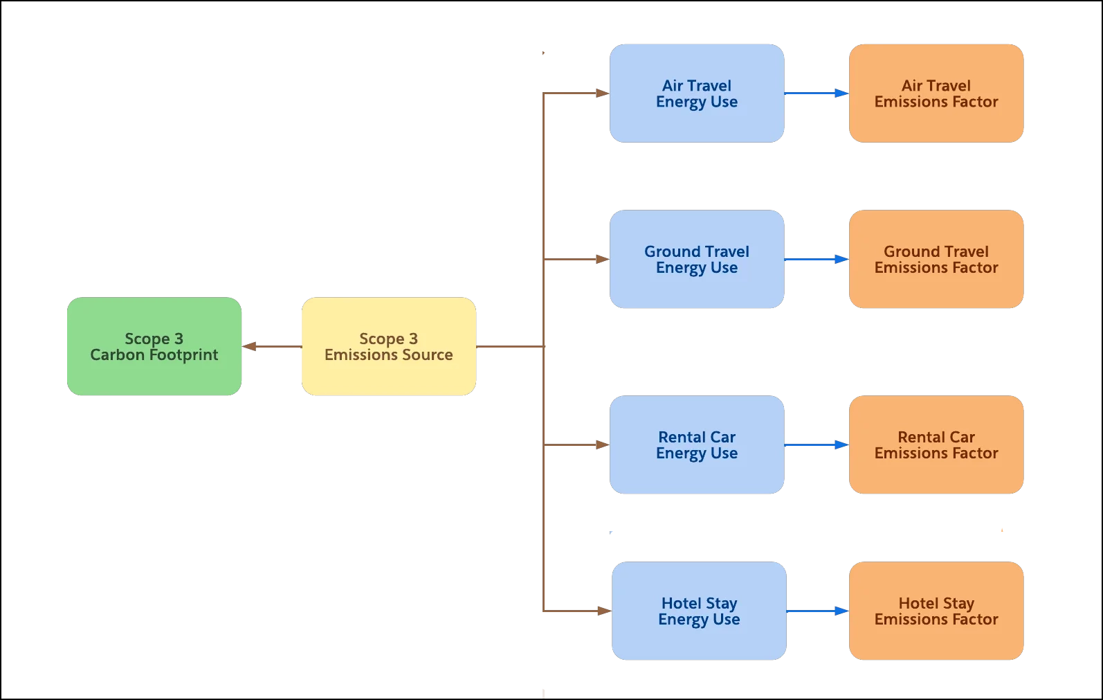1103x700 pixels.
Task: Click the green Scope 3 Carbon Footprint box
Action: [154, 346]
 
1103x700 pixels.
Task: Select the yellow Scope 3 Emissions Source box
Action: [388, 346]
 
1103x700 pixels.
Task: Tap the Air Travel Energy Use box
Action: [696, 93]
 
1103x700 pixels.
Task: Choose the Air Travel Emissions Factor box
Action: [936, 93]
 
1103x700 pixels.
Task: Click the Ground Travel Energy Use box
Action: [696, 259]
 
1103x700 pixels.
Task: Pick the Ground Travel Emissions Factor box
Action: [936, 259]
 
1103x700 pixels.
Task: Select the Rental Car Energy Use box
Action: [696, 445]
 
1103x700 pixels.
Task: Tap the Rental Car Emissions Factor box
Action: [936, 445]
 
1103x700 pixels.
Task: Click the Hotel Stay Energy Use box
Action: [699, 611]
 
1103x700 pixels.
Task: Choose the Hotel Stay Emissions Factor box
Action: [936, 611]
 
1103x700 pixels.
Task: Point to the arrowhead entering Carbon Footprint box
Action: [249, 346]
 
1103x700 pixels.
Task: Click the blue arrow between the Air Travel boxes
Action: [817, 93]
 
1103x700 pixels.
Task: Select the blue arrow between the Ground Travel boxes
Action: [817, 259]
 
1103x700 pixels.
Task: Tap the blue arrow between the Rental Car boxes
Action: [817, 445]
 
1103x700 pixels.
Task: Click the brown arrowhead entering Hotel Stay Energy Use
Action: [605, 611]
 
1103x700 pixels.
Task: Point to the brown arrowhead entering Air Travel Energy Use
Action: [603, 93]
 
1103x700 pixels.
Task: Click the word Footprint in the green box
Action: [183, 355]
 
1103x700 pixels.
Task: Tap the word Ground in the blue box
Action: [673, 251]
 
